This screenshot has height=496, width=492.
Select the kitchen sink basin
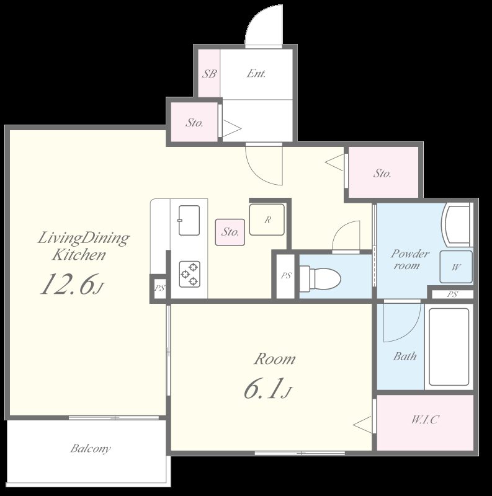click(x=189, y=220)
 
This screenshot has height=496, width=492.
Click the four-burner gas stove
click(x=189, y=273)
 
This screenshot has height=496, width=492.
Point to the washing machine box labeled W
click(x=456, y=267)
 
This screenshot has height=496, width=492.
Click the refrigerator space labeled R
click(x=267, y=220)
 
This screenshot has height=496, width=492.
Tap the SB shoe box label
click(x=209, y=74)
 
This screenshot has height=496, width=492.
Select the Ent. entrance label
click(x=256, y=74)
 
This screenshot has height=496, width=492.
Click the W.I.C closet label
click(x=425, y=420)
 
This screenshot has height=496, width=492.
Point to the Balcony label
click(x=90, y=448)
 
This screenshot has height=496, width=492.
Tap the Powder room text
click(x=409, y=260)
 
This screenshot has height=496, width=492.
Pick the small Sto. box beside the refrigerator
click(x=230, y=232)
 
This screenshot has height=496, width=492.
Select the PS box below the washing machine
click(x=452, y=294)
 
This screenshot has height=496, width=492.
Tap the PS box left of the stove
click(x=159, y=288)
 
